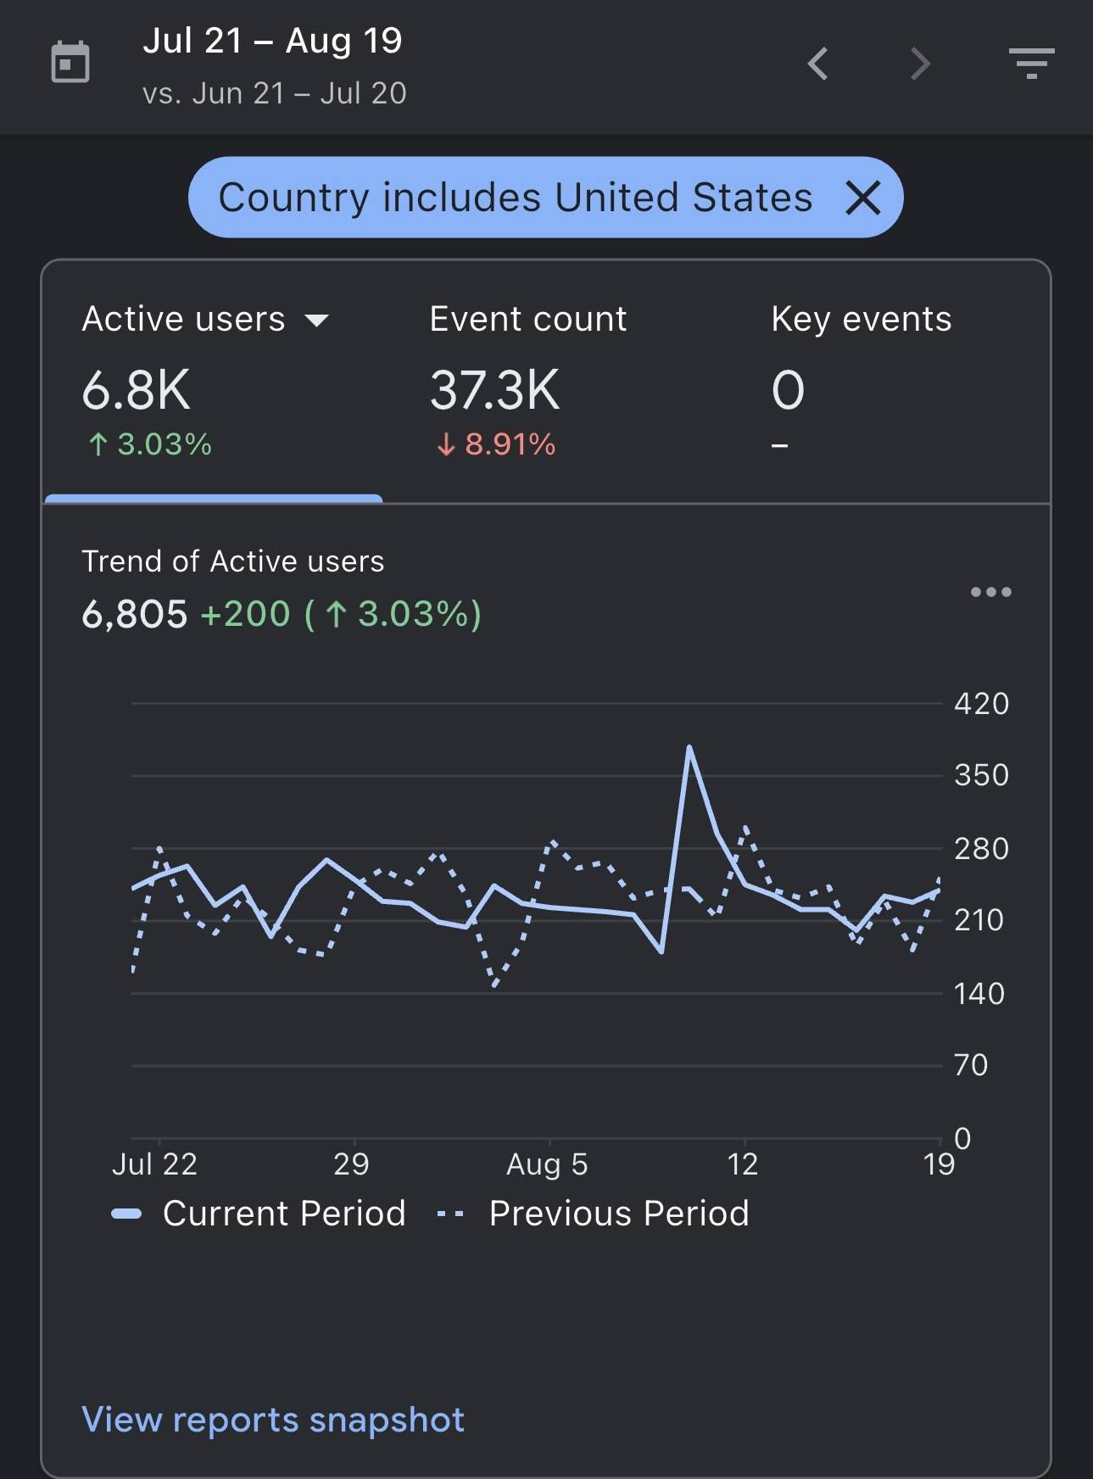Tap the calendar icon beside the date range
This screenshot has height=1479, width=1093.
(70, 62)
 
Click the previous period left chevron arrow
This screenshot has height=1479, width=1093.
(817, 64)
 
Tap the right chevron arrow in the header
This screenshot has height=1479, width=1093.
(920, 64)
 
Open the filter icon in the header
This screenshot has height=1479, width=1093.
(1031, 64)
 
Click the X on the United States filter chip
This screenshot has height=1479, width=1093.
(863, 198)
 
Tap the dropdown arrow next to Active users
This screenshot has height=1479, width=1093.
(316, 321)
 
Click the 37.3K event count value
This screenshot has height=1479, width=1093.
(495, 390)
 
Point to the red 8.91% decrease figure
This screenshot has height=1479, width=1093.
(496, 444)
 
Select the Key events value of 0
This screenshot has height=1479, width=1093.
(788, 390)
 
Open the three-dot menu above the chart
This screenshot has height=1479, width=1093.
(991, 592)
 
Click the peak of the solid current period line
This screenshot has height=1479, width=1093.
(689, 747)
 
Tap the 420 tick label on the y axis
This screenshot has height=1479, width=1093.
(981, 704)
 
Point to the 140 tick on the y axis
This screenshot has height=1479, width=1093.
(979, 993)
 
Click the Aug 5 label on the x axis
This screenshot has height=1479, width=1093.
(547, 1164)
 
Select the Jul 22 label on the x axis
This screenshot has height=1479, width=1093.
(154, 1164)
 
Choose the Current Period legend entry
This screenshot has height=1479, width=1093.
(259, 1214)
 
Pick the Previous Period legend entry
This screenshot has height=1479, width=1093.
(593, 1214)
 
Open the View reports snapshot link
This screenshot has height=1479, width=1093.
(273, 1420)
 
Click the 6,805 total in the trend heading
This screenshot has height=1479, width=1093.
(134, 614)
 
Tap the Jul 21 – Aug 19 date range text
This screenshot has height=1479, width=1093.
(272, 41)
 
